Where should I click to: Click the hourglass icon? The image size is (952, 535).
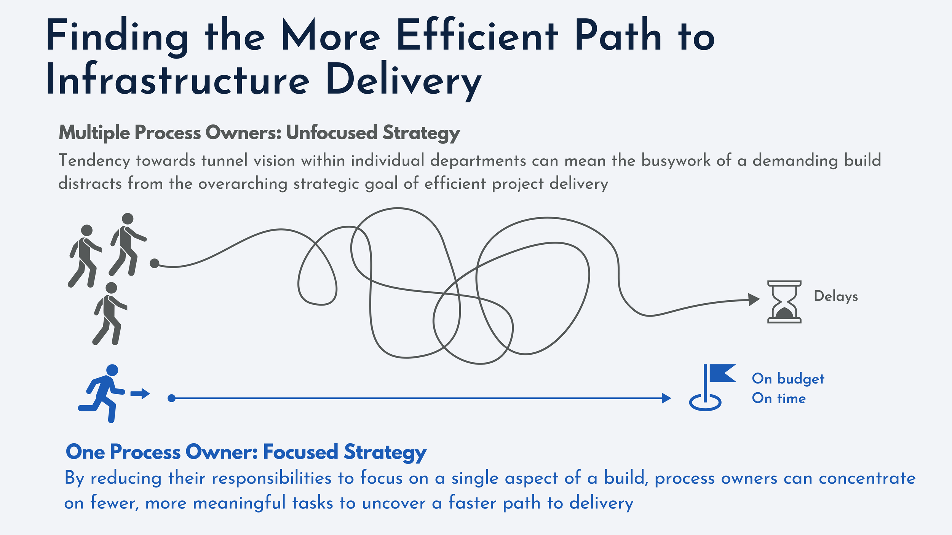click(784, 302)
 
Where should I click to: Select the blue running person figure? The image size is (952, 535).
click(102, 393)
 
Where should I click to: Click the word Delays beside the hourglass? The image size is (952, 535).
click(836, 296)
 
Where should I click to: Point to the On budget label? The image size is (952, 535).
click(788, 379)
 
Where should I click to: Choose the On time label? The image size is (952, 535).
click(779, 398)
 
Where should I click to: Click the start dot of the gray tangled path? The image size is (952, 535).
click(154, 263)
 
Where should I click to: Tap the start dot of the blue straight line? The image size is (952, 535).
click(172, 398)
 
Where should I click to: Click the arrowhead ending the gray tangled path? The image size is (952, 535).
click(754, 300)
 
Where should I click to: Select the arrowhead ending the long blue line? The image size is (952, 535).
click(666, 398)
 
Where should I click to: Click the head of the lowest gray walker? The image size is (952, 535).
click(111, 288)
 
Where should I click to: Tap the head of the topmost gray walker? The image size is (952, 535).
click(128, 219)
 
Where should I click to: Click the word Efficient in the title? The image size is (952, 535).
click(478, 36)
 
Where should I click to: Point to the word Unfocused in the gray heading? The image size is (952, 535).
click(332, 133)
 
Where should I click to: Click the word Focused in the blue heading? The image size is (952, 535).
click(300, 452)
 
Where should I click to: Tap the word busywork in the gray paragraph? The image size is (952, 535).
click(676, 161)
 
